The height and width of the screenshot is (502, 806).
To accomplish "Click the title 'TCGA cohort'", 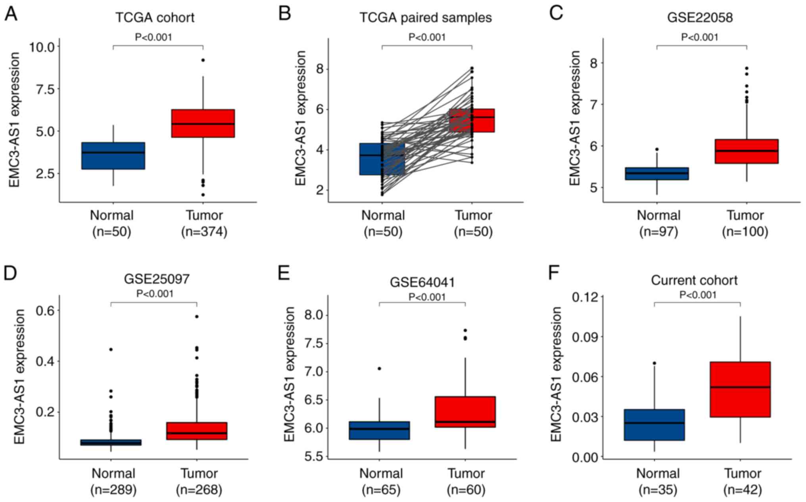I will (155, 17).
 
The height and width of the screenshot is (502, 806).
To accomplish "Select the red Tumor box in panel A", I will (203, 123).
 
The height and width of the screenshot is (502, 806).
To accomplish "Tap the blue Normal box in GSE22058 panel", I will (656, 173).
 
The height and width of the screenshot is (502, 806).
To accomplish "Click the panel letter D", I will (10, 273).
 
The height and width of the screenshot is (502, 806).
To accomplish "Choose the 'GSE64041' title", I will (422, 282).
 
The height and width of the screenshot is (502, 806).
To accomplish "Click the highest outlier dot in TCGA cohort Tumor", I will (203, 60).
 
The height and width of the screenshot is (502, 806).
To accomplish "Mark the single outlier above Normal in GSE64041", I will (379, 368).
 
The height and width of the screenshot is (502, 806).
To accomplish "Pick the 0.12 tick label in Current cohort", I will (585, 297).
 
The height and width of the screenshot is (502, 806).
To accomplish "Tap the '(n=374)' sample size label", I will (204, 231).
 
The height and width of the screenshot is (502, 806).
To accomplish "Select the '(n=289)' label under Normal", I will (113, 490).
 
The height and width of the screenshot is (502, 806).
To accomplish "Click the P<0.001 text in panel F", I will (698, 295).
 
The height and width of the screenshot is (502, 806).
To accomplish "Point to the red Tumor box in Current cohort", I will (740, 389).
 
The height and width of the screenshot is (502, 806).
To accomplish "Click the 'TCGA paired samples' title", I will (425, 17).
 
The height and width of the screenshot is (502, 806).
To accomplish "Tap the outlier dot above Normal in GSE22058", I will (657, 149).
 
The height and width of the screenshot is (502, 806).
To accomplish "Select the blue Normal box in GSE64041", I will (379, 430).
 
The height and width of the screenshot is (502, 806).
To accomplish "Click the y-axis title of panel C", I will (574, 118).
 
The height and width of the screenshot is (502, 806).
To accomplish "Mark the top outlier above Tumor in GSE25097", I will (197, 316).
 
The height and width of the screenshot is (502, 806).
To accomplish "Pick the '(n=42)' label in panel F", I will (743, 490).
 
